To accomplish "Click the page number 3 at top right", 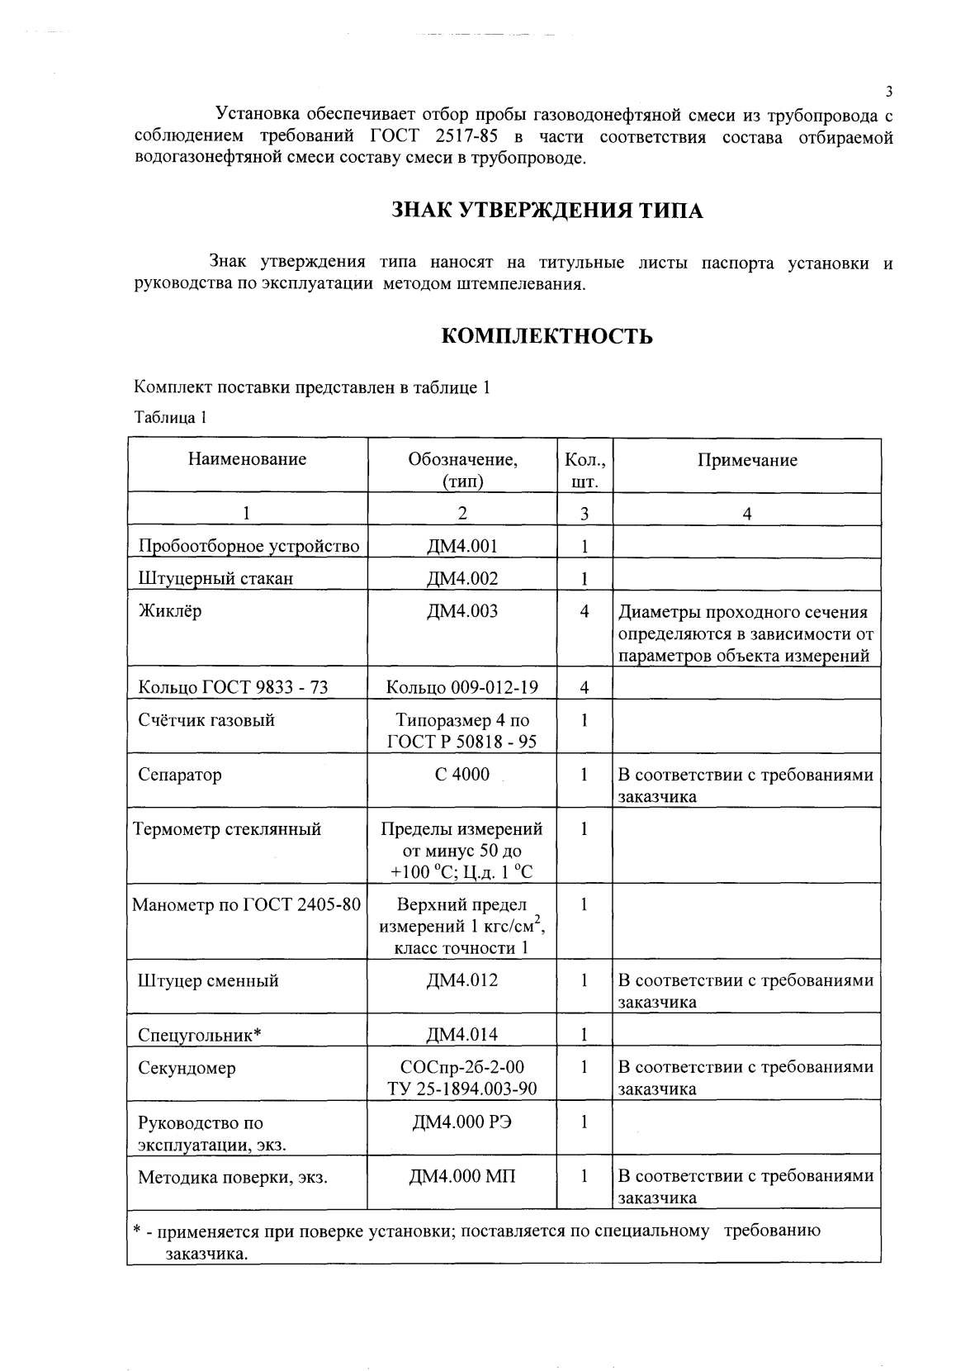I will [888, 92].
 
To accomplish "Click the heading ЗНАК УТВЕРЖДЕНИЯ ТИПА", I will [547, 211].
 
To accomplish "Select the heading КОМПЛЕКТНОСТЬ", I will [547, 337].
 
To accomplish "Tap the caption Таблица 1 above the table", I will [169, 417].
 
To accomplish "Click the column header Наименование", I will [247, 460].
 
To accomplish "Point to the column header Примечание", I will [747, 461].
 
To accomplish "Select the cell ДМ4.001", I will [462, 545].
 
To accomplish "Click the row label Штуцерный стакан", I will [215, 578].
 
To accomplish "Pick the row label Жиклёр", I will [169, 612].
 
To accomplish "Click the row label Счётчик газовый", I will [206, 720].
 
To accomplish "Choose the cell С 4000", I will [462, 775].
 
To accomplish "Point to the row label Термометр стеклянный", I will [227, 829].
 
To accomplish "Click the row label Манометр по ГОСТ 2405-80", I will [247, 904].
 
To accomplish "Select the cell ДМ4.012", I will [462, 980].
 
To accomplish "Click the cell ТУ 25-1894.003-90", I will [462, 1089].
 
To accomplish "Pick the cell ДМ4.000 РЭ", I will [462, 1122].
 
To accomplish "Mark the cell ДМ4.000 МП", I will [462, 1176].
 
